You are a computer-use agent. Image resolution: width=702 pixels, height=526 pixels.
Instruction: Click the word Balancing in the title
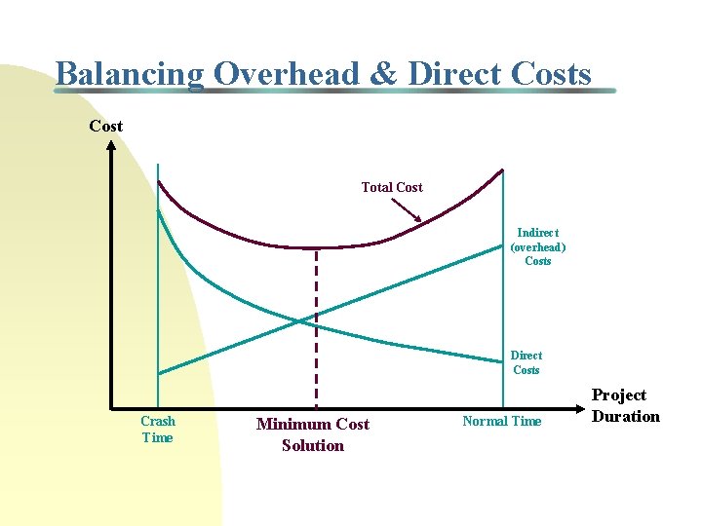click(130, 74)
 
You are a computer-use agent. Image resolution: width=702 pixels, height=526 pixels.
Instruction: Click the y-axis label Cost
click(105, 126)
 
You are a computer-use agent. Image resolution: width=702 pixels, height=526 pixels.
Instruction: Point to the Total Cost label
click(392, 187)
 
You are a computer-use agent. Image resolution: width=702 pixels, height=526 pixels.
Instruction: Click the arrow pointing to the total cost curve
click(407, 210)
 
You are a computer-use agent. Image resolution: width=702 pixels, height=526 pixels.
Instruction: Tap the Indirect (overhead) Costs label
click(537, 246)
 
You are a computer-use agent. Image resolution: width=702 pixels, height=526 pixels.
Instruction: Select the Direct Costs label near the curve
click(526, 362)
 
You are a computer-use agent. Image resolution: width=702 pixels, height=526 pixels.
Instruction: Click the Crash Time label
click(157, 429)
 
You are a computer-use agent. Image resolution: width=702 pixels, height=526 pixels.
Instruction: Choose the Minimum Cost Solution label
click(312, 434)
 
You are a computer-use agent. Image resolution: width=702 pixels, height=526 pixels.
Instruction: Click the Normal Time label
click(501, 421)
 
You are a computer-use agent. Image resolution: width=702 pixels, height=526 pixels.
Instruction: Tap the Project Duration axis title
click(626, 405)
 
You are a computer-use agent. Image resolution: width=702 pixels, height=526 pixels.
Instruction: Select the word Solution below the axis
click(312, 445)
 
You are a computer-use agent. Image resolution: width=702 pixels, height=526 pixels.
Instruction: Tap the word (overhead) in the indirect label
click(537, 246)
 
